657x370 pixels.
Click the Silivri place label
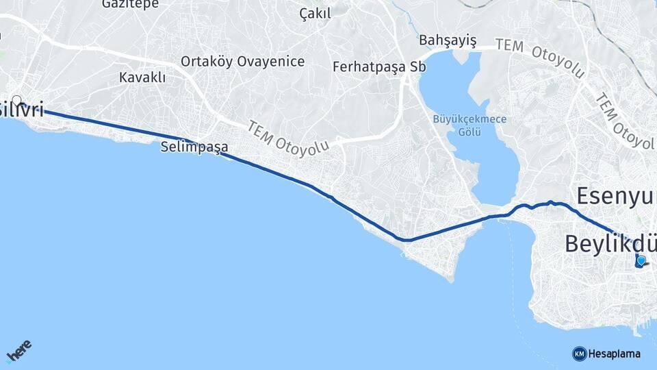(22, 109)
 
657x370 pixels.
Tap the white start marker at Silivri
(17, 100)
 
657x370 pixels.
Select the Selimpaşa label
(194, 147)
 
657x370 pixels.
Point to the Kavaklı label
(142, 77)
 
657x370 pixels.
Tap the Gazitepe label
(129, 4)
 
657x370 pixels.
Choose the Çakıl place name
(315, 14)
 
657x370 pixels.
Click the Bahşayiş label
(448, 39)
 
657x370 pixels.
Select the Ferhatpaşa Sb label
(379, 67)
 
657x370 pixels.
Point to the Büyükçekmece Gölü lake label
(469, 124)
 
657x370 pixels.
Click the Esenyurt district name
(616, 196)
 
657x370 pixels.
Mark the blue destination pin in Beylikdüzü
(641, 260)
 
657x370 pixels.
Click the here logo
(19, 351)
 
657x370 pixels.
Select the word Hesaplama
(615, 354)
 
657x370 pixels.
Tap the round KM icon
(580, 354)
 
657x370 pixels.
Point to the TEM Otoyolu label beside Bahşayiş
(540, 58)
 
